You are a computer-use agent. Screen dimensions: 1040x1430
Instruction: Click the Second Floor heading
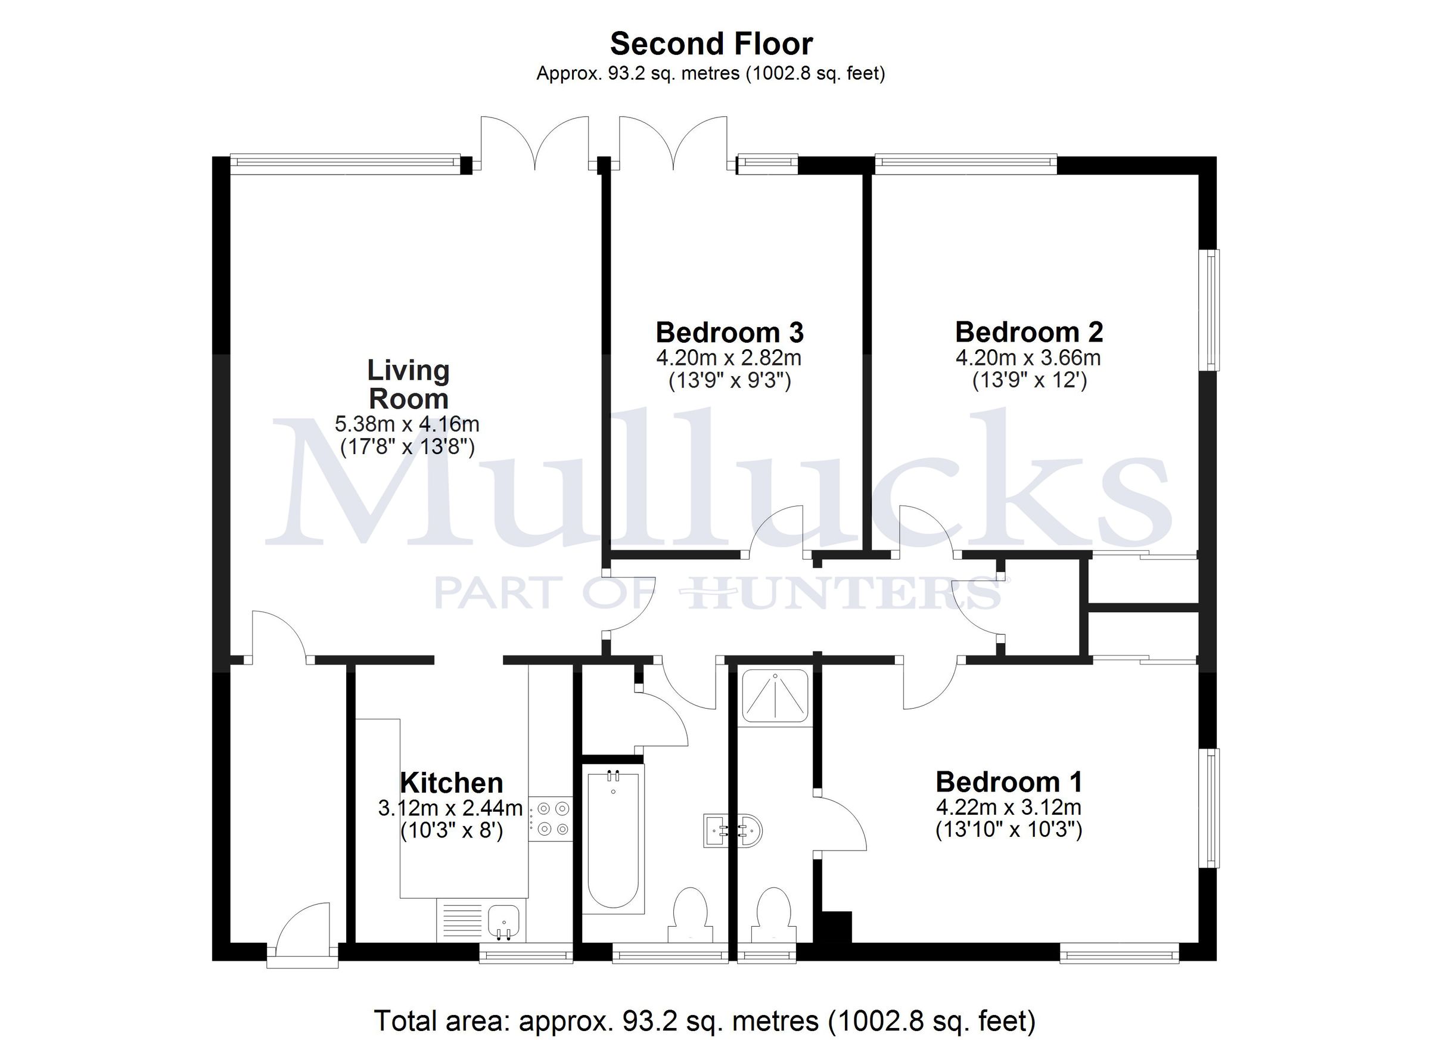click(711, 44)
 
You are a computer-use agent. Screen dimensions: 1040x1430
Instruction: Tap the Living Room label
click(408, 384)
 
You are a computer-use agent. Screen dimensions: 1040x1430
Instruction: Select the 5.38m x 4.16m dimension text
click(407, 423)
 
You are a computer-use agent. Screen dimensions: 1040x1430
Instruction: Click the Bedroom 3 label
click(729, 332)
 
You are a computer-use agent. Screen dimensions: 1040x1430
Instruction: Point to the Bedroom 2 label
click(1029, 332)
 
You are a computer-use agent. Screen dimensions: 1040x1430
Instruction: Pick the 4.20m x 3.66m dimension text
click(1028, 358)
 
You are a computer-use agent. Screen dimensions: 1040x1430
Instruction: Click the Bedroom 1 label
click(1009, 782)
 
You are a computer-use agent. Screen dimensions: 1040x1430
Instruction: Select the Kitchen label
click(452, 783)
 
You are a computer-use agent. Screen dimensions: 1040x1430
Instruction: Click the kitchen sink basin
click(504, 921)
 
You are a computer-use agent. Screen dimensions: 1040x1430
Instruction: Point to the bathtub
click(613, 839)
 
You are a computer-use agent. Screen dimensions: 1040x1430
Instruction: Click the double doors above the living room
click(534, 144)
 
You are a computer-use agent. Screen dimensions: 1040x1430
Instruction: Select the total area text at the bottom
click(704, 1020)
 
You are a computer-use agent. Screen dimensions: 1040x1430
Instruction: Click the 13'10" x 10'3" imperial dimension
click(1009, 830)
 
